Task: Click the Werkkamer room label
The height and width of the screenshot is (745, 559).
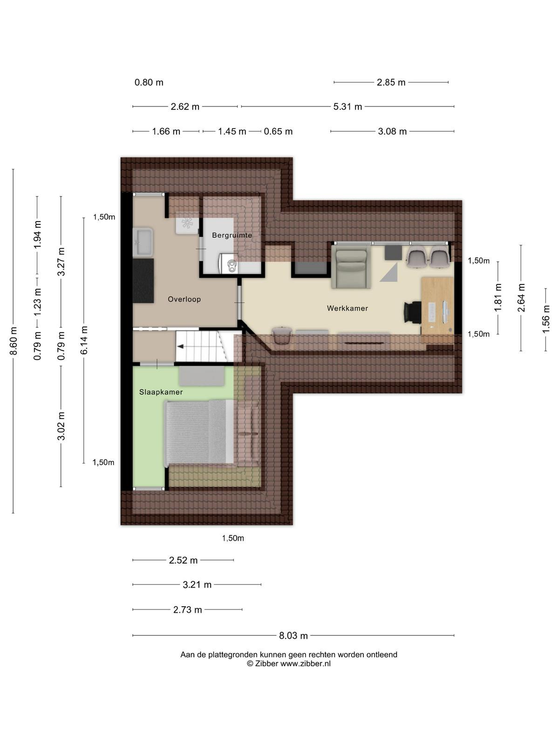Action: click(347, 308)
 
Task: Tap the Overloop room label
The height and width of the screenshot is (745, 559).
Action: click(184, 299)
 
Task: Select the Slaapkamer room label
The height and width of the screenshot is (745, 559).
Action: click(161, 392)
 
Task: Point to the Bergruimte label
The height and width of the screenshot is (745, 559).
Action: click(232, 235)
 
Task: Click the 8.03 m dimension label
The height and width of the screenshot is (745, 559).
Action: click(293, 636)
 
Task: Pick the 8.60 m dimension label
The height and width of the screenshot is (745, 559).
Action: click(13, 341)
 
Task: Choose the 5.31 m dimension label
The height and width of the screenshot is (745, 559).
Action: click(348, 107)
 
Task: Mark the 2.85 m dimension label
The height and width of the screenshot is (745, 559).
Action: click(391, 82)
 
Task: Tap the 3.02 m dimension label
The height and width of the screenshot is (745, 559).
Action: click(61, 426)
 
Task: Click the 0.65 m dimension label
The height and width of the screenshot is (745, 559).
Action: click(278, 131)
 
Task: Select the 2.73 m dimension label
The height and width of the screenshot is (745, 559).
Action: click(187, 610)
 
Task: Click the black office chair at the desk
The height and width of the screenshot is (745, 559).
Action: click(412, 312)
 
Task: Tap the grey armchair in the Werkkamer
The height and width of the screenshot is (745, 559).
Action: click(351, 267)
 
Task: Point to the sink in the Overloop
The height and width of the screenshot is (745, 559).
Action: click(143, 242)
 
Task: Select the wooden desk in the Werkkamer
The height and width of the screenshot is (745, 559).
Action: click(437, 310)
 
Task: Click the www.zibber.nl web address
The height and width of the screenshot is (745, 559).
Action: click(306, 664)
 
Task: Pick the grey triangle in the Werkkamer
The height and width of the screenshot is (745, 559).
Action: click(389, 272)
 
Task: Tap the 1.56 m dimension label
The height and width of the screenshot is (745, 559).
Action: click(546, 319)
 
